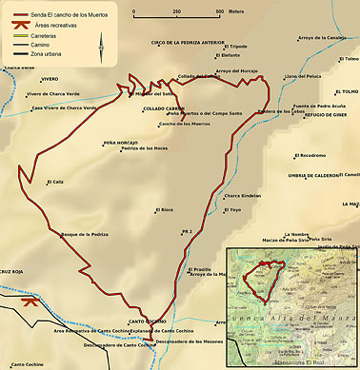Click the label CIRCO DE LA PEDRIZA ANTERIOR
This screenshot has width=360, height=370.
pos(188,43)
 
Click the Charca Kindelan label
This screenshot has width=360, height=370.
pos(242,196)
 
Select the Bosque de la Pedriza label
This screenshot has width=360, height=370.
pos(84,233)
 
